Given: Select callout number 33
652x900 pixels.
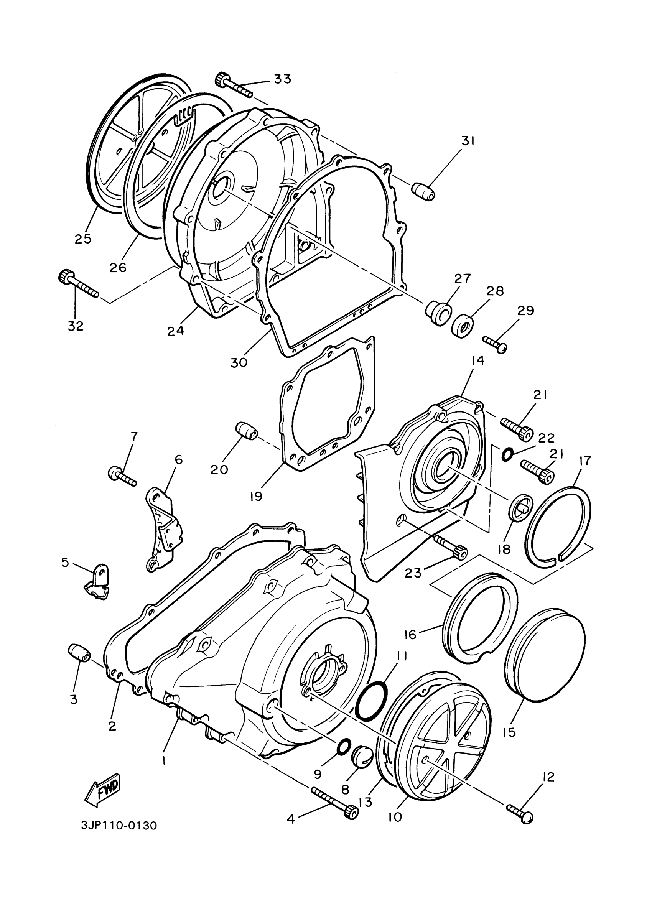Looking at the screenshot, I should (x=282, y=79).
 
